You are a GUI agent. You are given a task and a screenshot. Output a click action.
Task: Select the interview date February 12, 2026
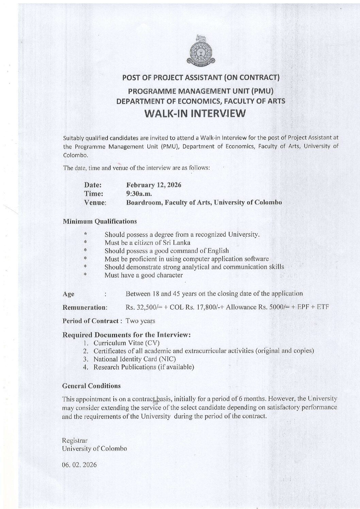(153, 185)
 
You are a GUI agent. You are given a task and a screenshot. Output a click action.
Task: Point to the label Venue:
(95, 203)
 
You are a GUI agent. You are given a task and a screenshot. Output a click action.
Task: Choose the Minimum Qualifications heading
(100, 221)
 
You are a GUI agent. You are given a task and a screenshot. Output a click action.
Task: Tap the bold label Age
(69, 294)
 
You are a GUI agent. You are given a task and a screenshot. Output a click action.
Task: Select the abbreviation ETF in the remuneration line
(323, 307)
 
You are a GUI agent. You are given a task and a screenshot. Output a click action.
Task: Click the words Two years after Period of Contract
(141, 321)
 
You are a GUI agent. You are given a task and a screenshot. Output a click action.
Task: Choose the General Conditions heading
(92, 386)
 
